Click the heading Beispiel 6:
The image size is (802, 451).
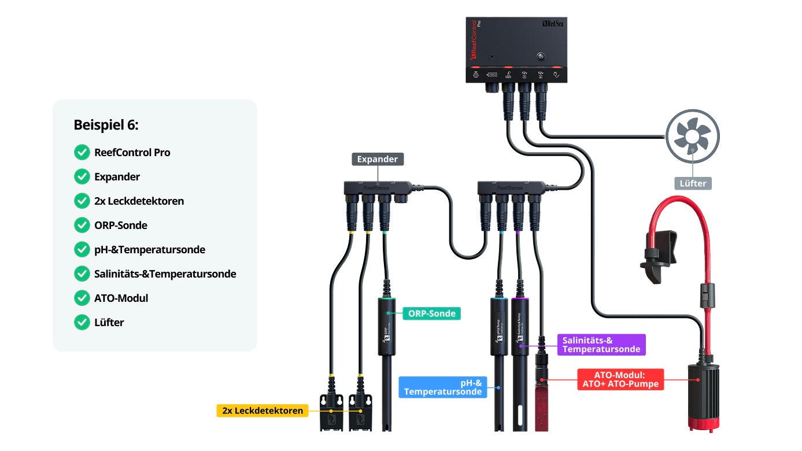(106, 125)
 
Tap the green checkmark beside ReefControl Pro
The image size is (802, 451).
(82, 153)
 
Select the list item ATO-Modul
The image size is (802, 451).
(121, 298)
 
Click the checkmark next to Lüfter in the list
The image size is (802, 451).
(82, 323)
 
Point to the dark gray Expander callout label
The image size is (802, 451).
(378, 159)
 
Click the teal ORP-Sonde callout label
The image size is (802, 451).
(431, 314)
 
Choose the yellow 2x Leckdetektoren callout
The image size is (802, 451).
(262, 411)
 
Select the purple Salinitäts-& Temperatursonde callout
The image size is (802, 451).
(601, 345)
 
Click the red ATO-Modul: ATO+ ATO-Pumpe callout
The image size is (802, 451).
(619, 379)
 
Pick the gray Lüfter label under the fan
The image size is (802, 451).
(693, 183)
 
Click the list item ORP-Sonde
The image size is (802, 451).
(121, 226)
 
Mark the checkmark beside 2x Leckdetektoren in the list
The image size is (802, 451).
(82, 201)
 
